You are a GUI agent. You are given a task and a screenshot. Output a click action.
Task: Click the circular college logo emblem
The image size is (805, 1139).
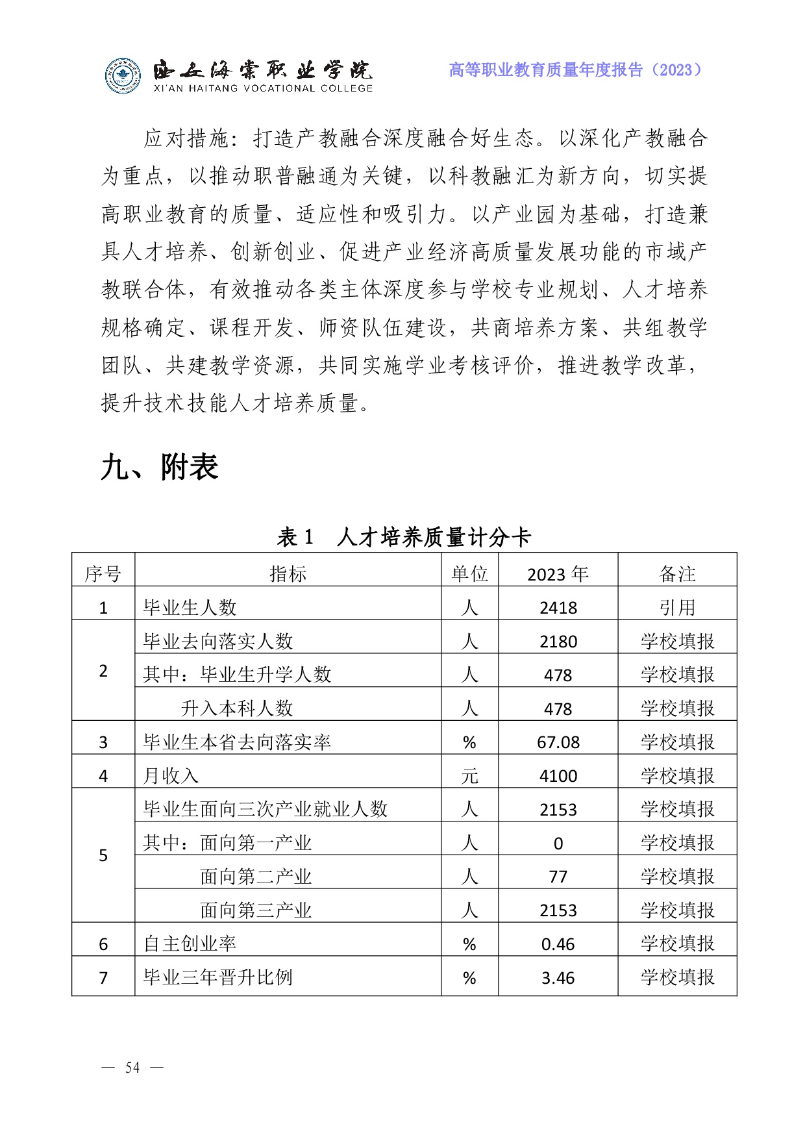123,76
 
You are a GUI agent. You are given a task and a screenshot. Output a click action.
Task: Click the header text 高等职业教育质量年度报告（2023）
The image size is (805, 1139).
575,70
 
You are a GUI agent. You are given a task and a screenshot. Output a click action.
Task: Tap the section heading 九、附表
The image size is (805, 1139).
160,468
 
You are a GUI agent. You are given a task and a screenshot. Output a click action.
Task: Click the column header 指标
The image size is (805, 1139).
288,574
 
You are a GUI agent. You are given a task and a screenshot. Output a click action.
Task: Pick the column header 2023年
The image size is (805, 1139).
558,574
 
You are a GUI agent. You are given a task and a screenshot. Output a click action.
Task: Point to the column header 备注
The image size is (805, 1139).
677,574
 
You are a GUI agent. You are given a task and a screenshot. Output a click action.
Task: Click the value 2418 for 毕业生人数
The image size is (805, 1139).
558,608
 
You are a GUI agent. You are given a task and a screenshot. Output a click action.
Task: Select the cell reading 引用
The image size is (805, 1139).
677,608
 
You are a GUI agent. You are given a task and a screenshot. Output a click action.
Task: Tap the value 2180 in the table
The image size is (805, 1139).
558,642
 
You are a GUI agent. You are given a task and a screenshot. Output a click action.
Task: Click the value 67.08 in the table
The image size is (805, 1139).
558,742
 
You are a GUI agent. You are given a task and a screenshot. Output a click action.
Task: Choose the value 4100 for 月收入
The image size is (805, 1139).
558,776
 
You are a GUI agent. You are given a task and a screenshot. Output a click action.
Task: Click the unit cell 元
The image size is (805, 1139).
469,776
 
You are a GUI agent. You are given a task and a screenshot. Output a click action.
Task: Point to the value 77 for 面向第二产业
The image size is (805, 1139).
558,877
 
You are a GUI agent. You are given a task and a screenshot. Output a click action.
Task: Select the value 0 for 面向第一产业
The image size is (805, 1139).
558,843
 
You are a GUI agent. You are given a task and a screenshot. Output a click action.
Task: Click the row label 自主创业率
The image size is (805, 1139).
190,944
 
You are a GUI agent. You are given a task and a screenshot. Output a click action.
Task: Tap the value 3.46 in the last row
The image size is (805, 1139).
558,978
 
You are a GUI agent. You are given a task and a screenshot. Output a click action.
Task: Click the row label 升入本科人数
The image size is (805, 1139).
237,708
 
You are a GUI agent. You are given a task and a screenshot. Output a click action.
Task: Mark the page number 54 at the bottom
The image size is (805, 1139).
132,1068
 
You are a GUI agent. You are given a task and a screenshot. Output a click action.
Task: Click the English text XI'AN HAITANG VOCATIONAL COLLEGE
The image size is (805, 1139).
263,88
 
